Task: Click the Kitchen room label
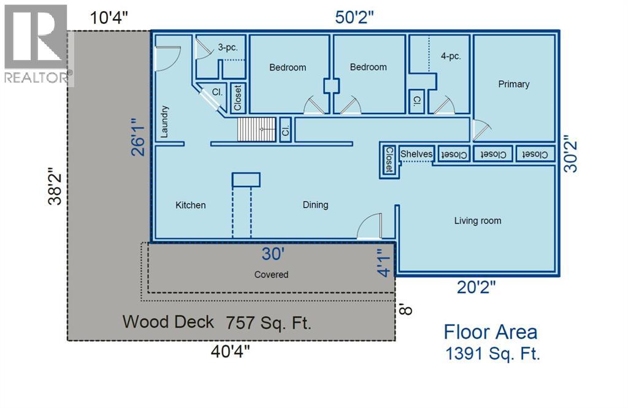[190, 205]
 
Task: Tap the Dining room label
[315, 205]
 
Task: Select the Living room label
[477, 221]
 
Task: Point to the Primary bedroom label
[513, 84]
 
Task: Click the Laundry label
[164, 121]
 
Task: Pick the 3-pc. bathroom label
[228, 47]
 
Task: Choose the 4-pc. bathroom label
[451, 56]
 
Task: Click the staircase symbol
[257, 129]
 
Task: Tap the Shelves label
[416, 154]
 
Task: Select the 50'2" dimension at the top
[354, 18]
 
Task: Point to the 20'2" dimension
[476, 287]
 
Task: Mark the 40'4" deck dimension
[230, 352]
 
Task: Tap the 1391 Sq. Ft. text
[492, 353]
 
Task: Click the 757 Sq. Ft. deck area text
[269, 323]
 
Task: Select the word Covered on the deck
[271, 275]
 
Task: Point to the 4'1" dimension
[384, 263]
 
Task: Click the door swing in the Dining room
[369, 226]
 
